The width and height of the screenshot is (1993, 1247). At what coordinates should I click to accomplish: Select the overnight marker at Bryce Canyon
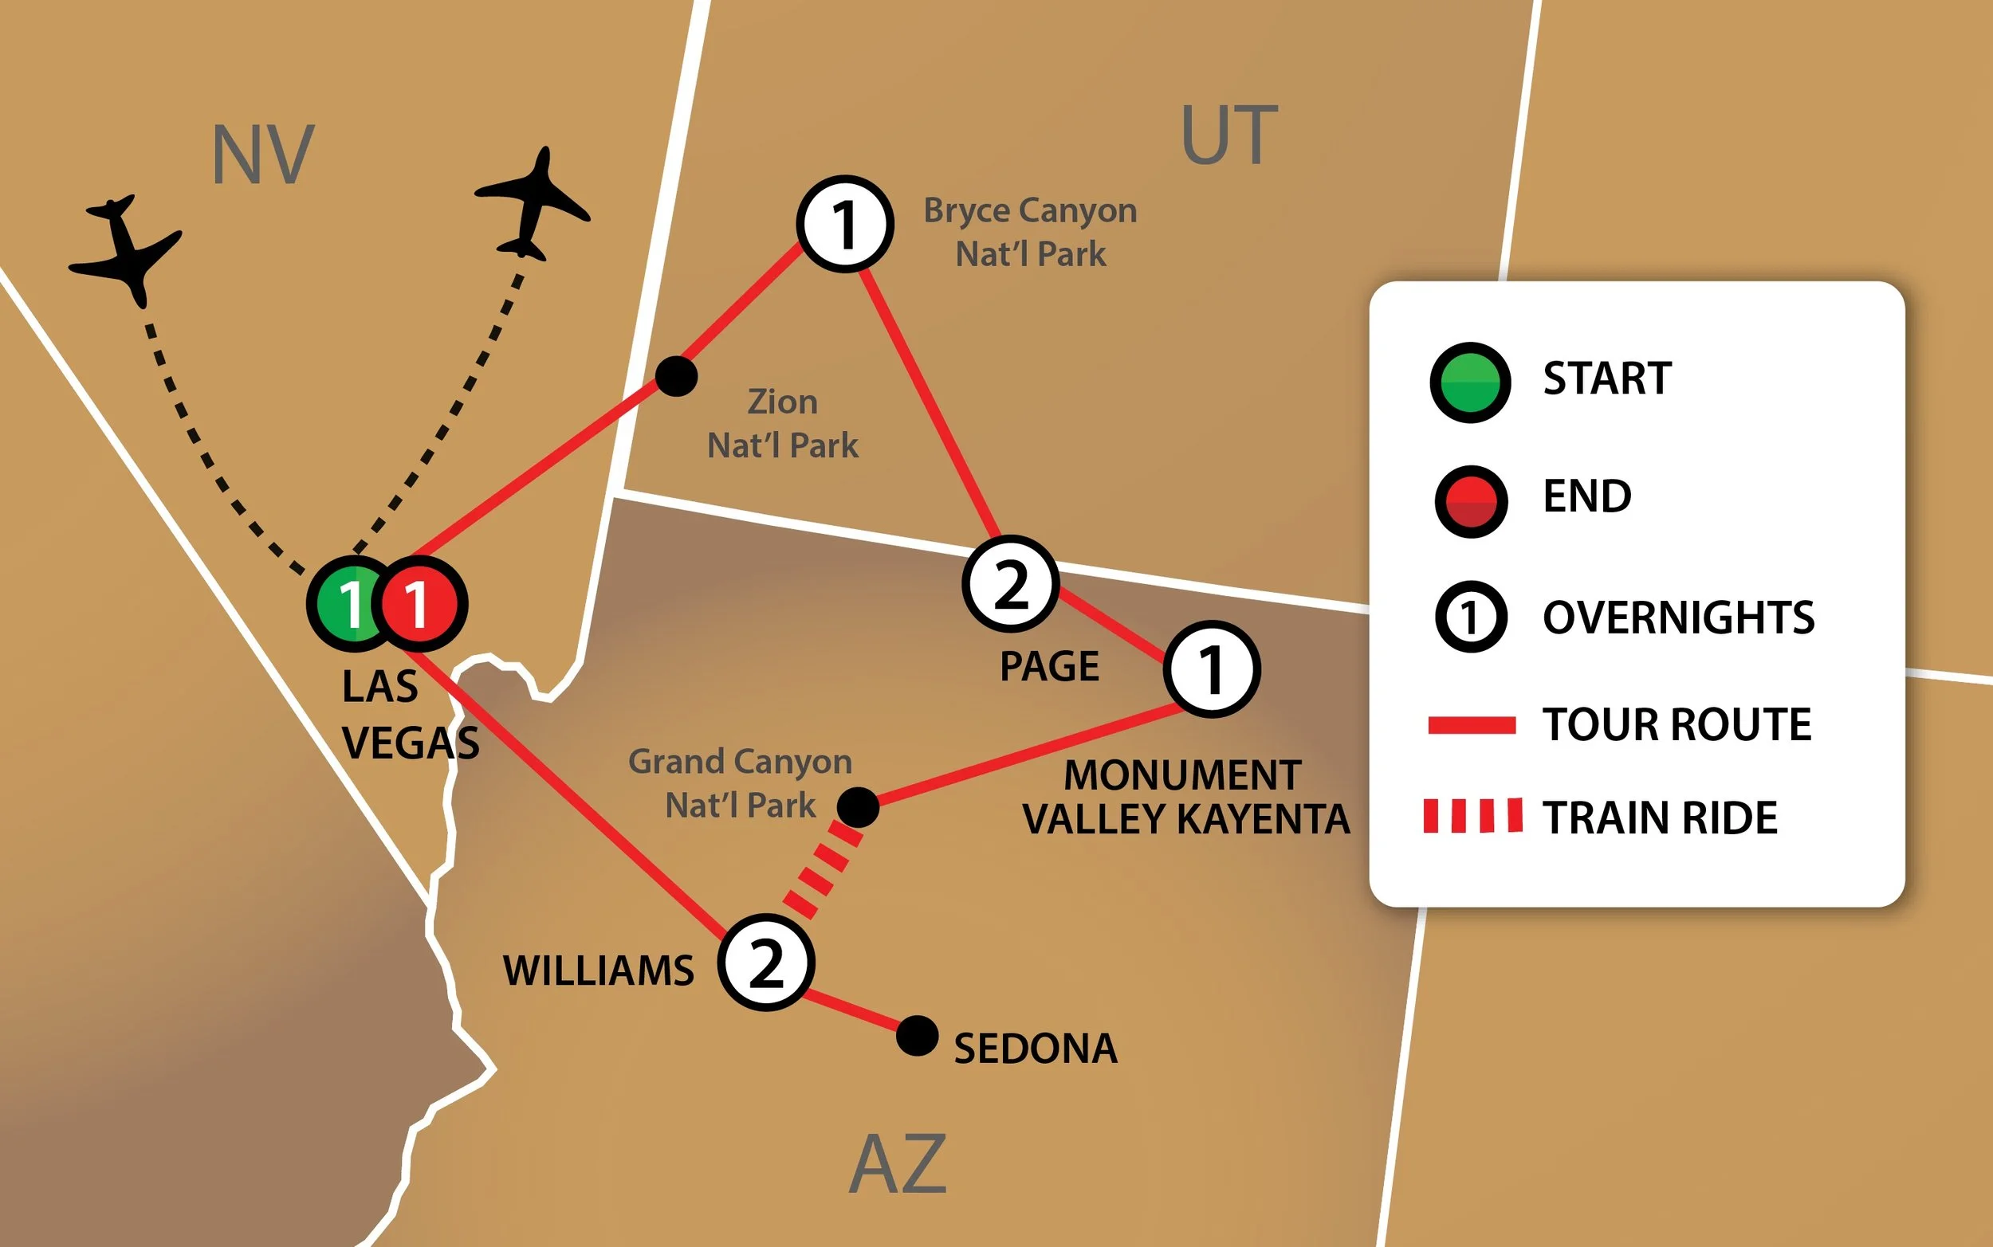(x=845, y=223)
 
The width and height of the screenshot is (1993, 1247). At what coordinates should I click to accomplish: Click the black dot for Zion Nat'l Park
(x=675, y=377)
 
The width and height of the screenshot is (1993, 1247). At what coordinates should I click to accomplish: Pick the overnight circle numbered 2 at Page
(x=1011, y=584)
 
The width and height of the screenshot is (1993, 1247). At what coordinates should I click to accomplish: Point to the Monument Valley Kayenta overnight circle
(x=1211, y=669)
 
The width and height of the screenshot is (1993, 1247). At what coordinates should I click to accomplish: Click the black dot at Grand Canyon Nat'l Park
(x=858, y=806)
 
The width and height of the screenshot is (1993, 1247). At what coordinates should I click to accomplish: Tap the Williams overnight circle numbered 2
(x=766, y=963)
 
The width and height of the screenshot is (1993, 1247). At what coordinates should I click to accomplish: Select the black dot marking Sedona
(x=917, y=1036)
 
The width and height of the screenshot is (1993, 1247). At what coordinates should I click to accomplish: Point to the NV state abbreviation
(x=262, y=155)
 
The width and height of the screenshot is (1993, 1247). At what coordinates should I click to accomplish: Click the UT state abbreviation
(x=1229, y=135)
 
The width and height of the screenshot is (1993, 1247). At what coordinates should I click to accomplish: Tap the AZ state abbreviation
(x=898, y=1163)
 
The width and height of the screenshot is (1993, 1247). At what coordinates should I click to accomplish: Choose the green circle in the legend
(x=1470, y=382)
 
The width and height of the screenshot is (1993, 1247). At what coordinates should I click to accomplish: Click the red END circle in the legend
(x=1470, y=500)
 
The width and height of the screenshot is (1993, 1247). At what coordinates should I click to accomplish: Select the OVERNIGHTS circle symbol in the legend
(x=1470, y=617)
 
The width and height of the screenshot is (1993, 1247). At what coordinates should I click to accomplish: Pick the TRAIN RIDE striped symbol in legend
(x=1472, y=815)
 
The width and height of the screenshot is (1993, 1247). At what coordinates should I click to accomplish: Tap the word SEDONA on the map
(x=1036, y=1049)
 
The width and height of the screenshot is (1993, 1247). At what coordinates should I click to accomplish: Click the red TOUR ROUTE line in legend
(x=1472, y=725)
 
